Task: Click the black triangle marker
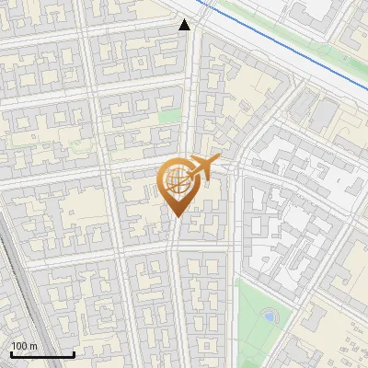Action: point(185,25)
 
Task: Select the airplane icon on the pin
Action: point(201,168)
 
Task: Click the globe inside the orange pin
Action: point(177,181)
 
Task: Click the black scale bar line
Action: point(41,354)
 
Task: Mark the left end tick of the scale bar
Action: point(9,352)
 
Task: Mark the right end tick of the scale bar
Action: point(74,352)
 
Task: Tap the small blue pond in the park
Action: point(269,316)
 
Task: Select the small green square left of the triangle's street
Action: point(169,116)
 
